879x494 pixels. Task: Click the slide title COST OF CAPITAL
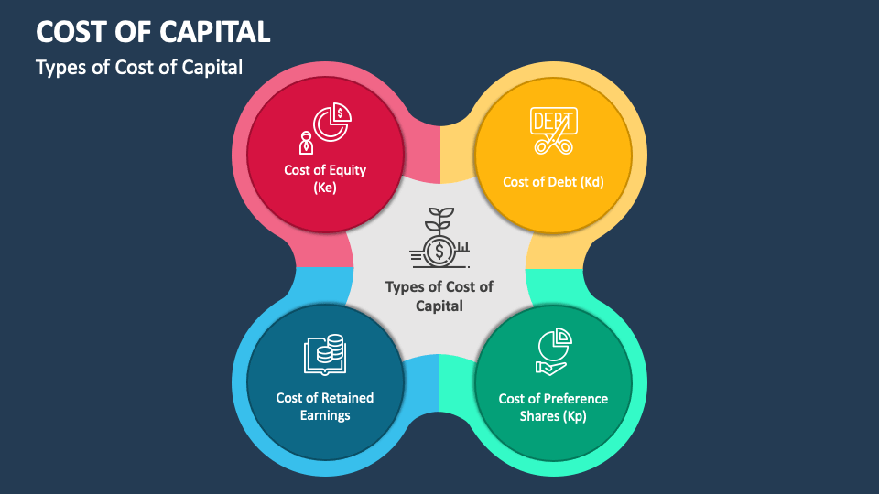click(x=153, y=31)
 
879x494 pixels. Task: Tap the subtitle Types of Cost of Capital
click(x=139, y=68)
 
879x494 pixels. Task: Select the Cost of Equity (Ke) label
click(x=325, y=178)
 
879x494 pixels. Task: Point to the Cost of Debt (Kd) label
click(x=553, y=181)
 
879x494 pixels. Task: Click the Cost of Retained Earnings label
click(x=325, y=406)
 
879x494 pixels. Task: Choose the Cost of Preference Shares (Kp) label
click(x=553, y=407)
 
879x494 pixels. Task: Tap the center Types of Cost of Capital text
click(x=439, y=295)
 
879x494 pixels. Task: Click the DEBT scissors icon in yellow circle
click(x=553, y=131)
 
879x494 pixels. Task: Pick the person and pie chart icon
click(x=325, y=129)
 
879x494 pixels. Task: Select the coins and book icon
click(x=325, y=355)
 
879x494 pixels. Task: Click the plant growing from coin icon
click(x=439, y=237)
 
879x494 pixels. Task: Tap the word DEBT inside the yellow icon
click(x=553, y=120)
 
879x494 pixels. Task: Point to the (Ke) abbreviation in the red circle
click(x=325, y=188)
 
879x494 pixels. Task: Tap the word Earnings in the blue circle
click(x=325, y=415)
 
